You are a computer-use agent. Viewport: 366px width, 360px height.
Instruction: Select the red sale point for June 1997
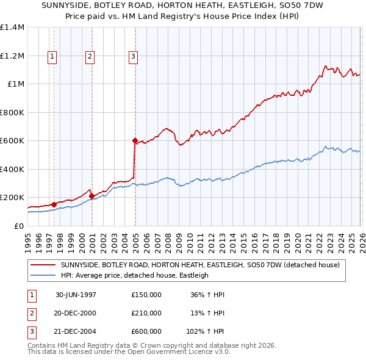click(x=54, y=204)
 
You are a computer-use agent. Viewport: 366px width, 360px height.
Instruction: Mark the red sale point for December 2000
click(x=91, y=196)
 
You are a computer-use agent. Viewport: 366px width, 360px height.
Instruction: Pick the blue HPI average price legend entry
click(x=134, y=275)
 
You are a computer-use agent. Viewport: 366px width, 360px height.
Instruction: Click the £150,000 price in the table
click(x=146, y=295)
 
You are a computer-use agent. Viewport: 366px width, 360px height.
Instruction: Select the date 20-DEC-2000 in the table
click(x=76, y=313)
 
